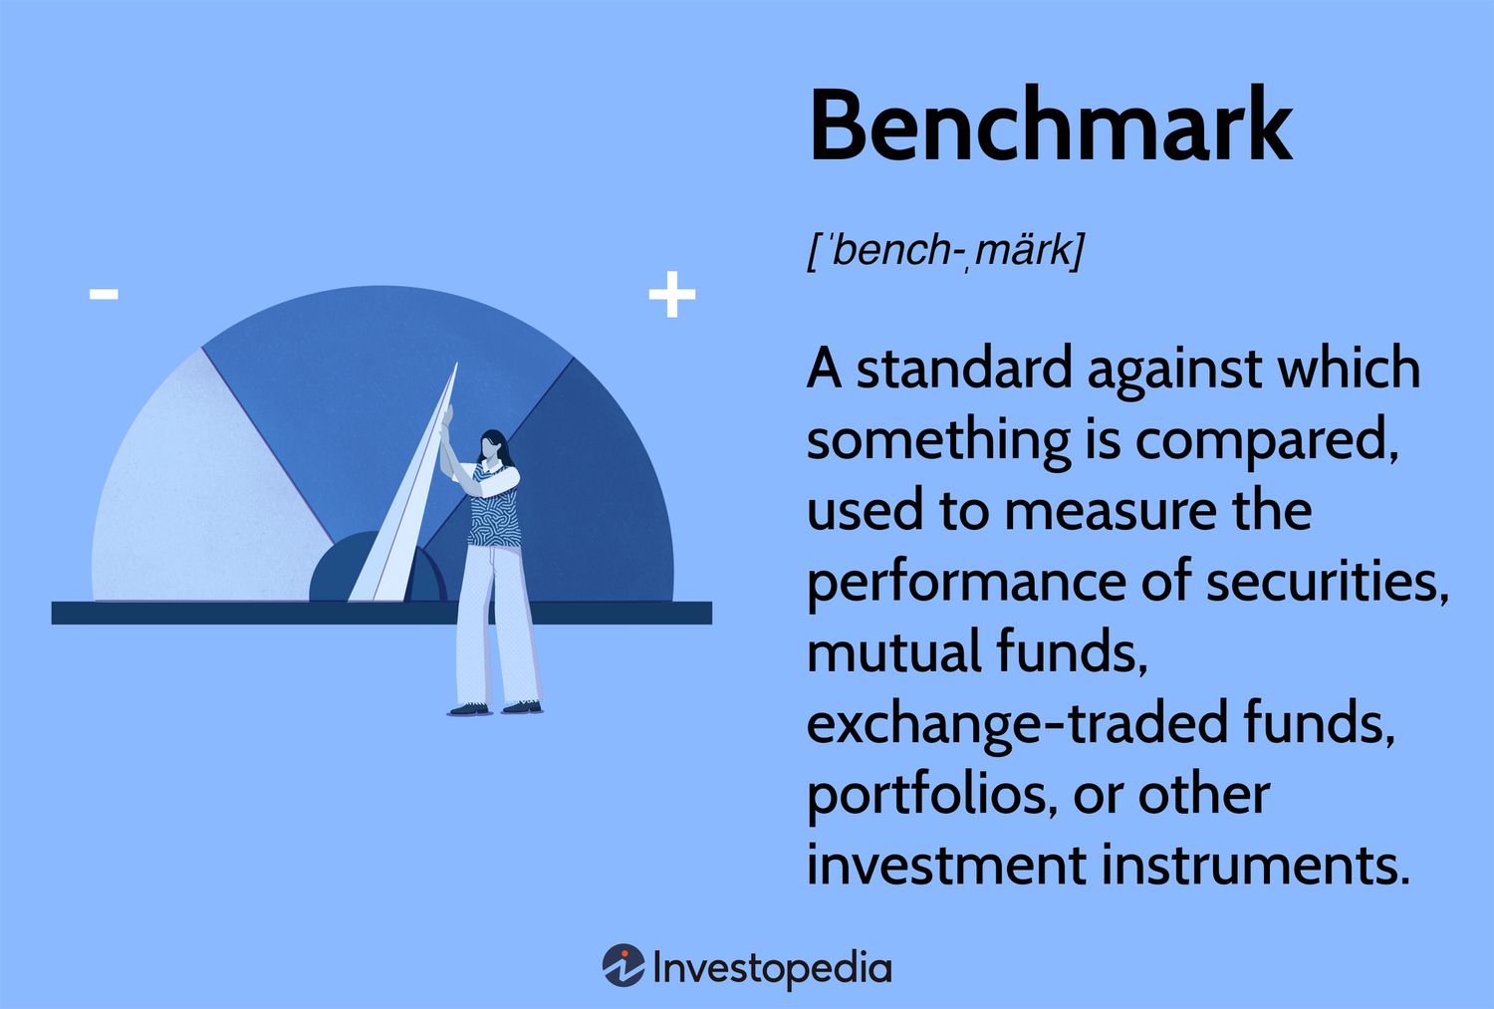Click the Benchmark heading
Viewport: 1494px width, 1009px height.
tap(1050, 126)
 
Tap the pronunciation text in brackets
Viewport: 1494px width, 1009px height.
tap(944, 249)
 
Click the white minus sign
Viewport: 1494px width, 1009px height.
tap(104, 294)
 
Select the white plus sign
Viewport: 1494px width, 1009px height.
tap(672, 295)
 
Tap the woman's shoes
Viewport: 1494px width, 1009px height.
tap(495, 708)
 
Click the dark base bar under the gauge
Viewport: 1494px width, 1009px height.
tap(249, 613)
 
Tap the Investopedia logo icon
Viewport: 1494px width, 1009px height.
tap(623, 966)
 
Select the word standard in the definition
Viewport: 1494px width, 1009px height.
tap(962, 369)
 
